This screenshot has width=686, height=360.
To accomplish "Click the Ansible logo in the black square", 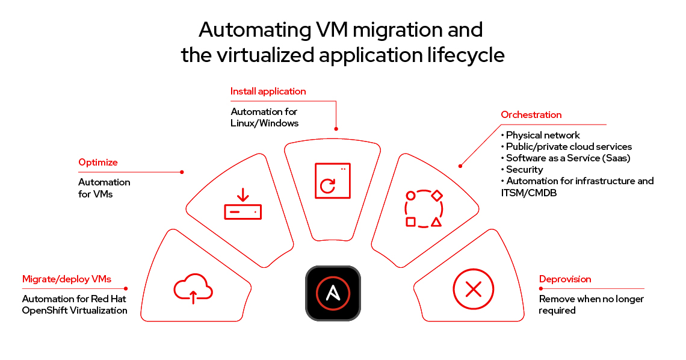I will pyautogui.click(x=333, y=293).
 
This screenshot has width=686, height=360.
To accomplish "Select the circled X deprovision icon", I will pyautogui.click(x=474, y=290).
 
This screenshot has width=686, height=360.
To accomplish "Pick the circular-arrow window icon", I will pyautogui.click(x=332, y=181).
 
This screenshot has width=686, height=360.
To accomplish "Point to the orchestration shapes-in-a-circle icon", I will pyautogui.click(x=424, y=208).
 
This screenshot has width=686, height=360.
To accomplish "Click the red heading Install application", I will pyautogui.click(x=268, y=92).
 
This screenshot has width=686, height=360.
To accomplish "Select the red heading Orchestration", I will pyautogui.click(x=531, y=114).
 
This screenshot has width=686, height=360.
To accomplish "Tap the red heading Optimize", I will pyautogui.click(x=98, y=162).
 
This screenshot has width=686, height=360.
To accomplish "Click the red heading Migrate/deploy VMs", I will pyautogui.click(x=67, y=279).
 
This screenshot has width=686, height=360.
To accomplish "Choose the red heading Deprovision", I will pyautogui.click(x=565, y=279).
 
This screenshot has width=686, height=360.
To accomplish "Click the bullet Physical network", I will pyautogui.click(x=543, y=135).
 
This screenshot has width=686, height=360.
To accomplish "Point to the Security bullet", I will pyautogui.click(x=524, y=169).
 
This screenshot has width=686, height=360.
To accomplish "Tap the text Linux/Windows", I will pyautogui.click(x=264, y=123).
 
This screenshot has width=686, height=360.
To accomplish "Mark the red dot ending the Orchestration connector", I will pyautogui.click(x=460, y=165).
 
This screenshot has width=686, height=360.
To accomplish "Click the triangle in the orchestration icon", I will pyautogui.click(x=436, y=222).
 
